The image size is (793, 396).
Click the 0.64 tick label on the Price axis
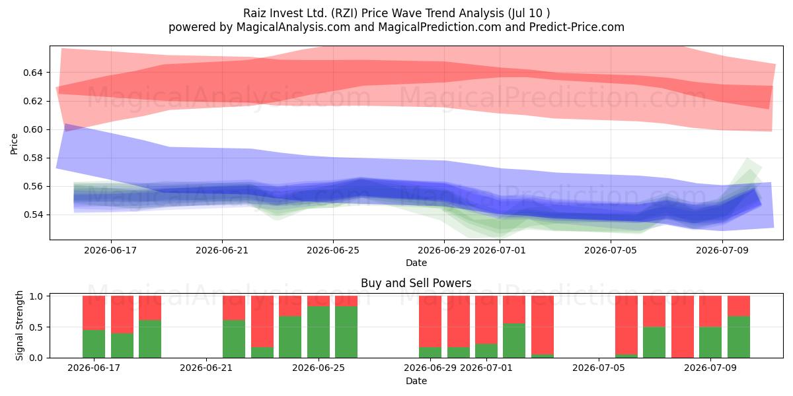click(32, 73)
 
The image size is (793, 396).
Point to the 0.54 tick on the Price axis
click(32, 215)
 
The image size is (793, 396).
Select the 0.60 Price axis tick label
click(32, 130)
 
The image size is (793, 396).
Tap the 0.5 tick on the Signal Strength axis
click(36, 327)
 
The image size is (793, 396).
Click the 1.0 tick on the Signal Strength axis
click(36, 296)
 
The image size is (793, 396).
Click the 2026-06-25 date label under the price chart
click(333, 250)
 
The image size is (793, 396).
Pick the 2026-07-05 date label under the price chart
click(611, 250)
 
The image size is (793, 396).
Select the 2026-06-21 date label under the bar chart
click(206, 368)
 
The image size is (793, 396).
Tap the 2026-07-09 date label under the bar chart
click(710, 368)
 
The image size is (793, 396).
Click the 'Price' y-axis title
click(14, 144)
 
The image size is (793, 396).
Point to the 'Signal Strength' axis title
click(19, 325)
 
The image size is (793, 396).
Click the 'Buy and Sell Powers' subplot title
click(416, 283)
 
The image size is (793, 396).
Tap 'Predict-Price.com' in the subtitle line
click(577, 27)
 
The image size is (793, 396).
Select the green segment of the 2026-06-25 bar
click(318, 331)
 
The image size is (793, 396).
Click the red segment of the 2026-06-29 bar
click(430, 321)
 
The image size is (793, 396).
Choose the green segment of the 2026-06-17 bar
click(94, 344)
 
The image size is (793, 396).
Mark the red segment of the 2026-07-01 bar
click(486, 319)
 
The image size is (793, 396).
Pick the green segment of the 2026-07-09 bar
click(710, 343)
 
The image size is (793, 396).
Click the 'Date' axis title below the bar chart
click(416, 381)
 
